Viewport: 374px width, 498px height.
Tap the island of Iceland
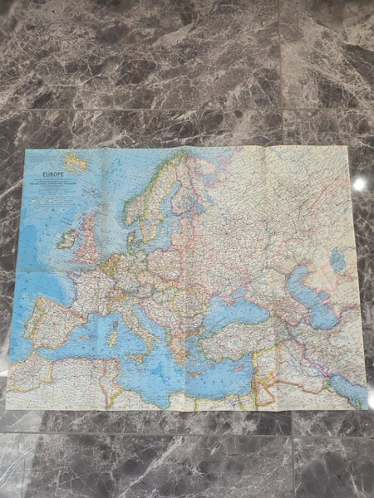pyautogui.click(x=76, y=163)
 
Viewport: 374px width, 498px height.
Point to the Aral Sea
pyautogui.click(x=337, y=261)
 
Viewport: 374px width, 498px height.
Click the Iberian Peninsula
pyautogui.click(x=53, y=320)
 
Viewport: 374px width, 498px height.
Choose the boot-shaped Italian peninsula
pyautogui.click(x=137, y=320)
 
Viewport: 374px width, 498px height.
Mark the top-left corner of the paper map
pyautogui.click(x=27, y=150)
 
